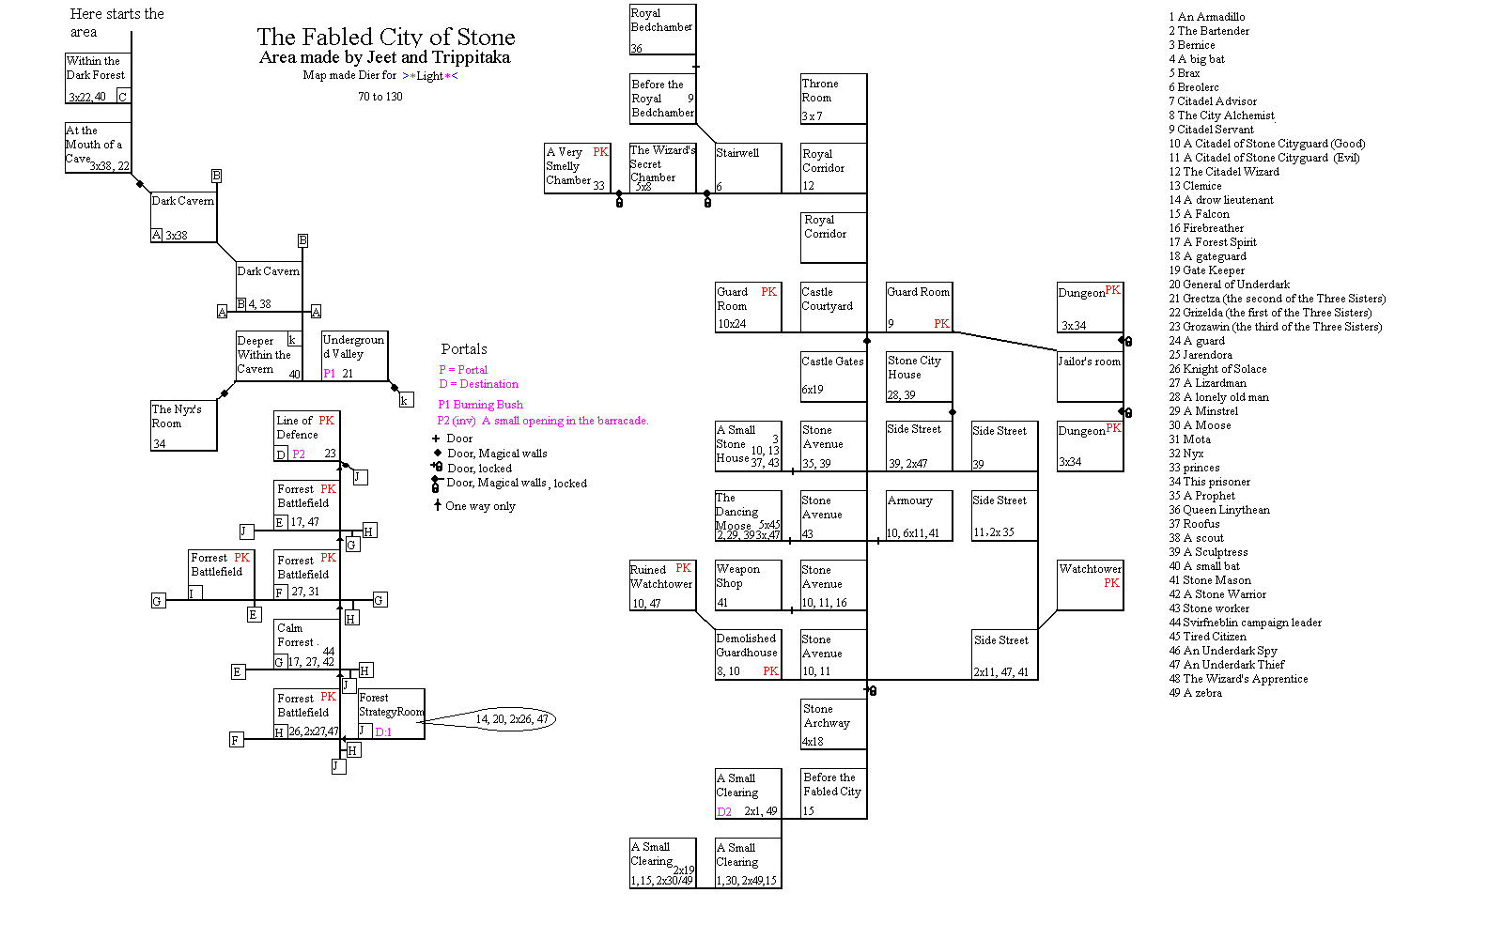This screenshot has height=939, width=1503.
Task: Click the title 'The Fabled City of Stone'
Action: [386, 38]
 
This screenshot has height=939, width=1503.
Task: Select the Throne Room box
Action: [833, 99]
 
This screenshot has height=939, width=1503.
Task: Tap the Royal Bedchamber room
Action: [662, 30]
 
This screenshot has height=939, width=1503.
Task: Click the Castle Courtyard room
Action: [833, 307]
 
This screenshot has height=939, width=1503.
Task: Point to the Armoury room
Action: [919, 516]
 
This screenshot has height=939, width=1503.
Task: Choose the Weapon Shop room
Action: [748, 585]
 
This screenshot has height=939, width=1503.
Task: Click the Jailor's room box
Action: [1090, 377]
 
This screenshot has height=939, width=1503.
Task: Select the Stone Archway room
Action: [833, 724]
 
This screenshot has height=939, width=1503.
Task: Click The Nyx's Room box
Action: [184, 426]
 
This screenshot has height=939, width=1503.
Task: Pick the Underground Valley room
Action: [354, 356]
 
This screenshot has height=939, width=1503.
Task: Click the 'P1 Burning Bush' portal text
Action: [480, 405]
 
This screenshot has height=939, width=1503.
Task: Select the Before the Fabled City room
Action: [833, 793]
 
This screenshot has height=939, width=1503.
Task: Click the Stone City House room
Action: [919, 377]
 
